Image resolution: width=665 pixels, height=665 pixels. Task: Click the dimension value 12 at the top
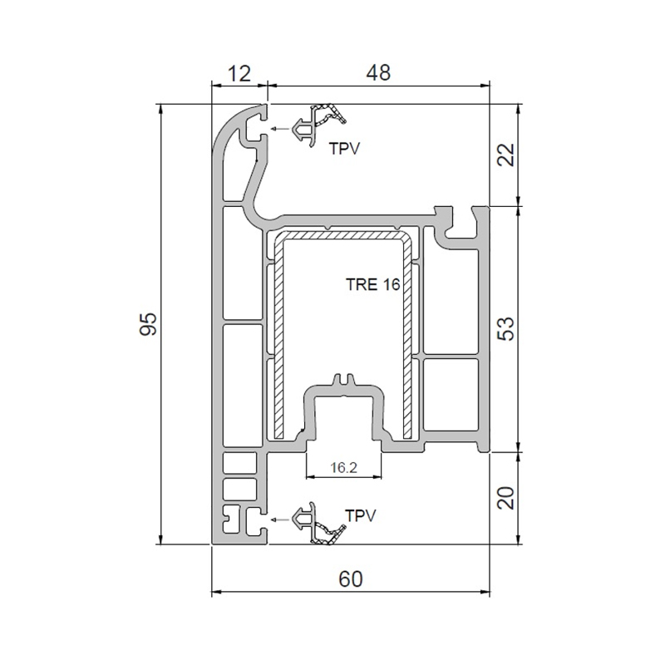point(239,74)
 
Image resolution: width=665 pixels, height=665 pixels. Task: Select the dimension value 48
point(378,73)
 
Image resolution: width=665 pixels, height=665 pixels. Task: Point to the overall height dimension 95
point(149,324)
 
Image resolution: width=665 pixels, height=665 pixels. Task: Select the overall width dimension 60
point(351,579)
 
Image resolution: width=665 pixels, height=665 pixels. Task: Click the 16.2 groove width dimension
point(343,468)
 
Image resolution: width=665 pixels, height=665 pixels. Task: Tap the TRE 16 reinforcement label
point(372,284)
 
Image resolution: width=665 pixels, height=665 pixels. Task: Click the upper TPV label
point(344,149)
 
